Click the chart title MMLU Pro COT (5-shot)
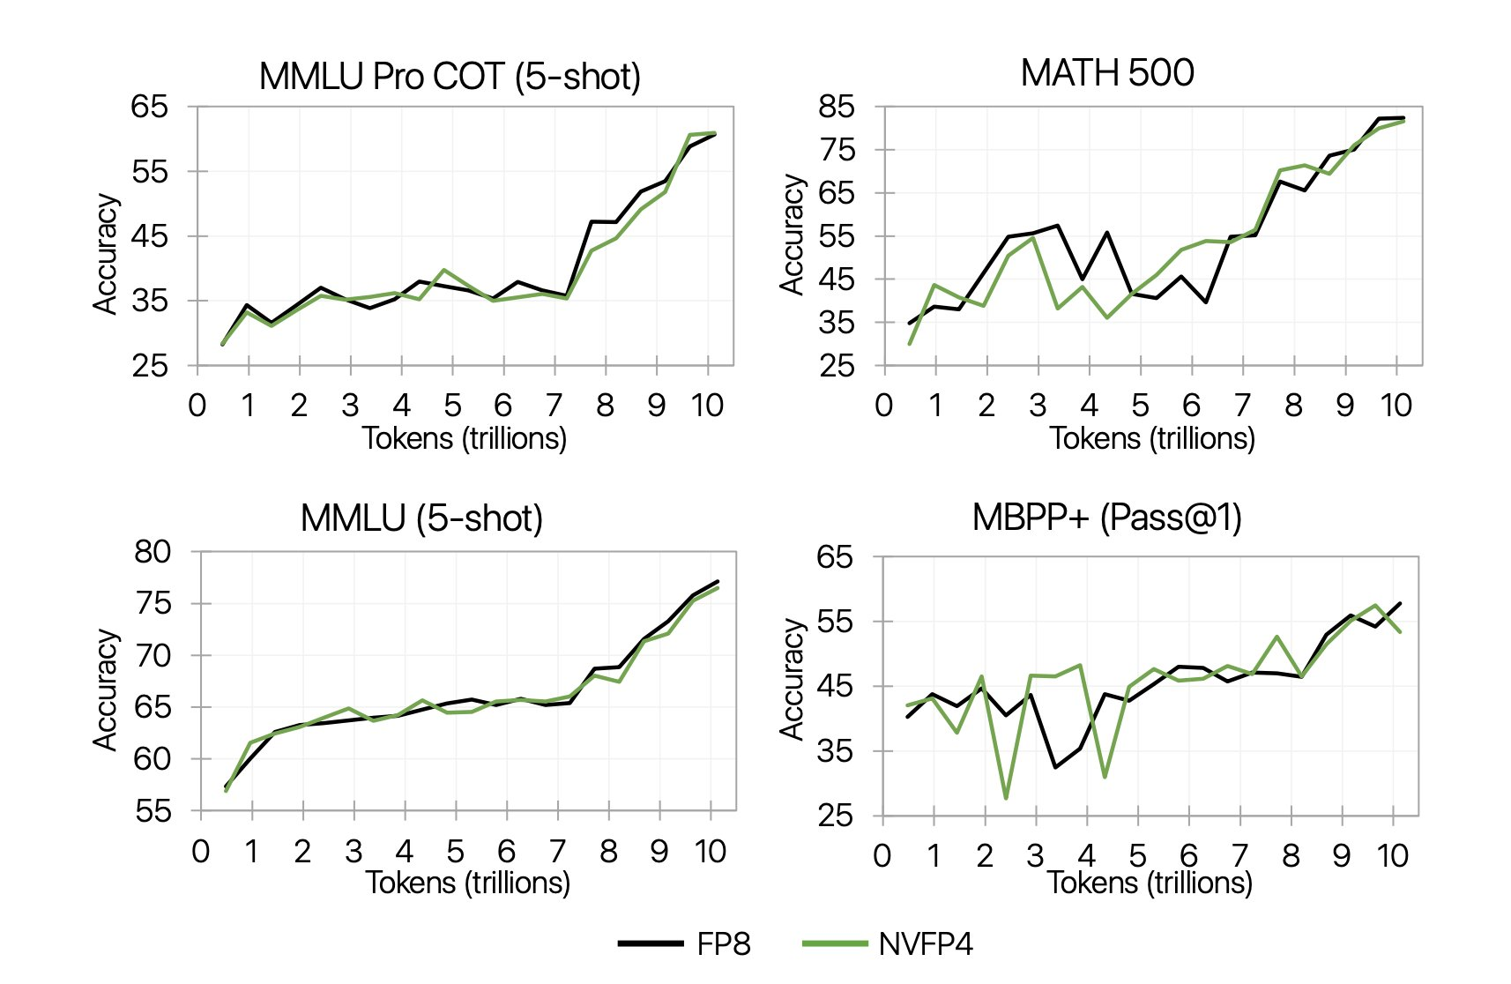450,77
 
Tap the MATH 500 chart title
1107,73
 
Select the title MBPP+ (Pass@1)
1106,518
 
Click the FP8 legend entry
685,944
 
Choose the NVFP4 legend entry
888,944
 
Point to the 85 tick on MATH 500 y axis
837,107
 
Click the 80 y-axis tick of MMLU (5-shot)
153,552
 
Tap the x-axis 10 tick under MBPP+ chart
1393,855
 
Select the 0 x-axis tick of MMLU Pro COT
197,406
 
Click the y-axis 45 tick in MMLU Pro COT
149,236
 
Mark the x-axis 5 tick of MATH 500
1140,406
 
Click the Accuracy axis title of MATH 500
792,235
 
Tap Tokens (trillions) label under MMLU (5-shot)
468,883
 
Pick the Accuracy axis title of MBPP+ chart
792,679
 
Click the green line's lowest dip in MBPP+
1006,798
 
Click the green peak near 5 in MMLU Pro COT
444,270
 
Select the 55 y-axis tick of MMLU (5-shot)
153,811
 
